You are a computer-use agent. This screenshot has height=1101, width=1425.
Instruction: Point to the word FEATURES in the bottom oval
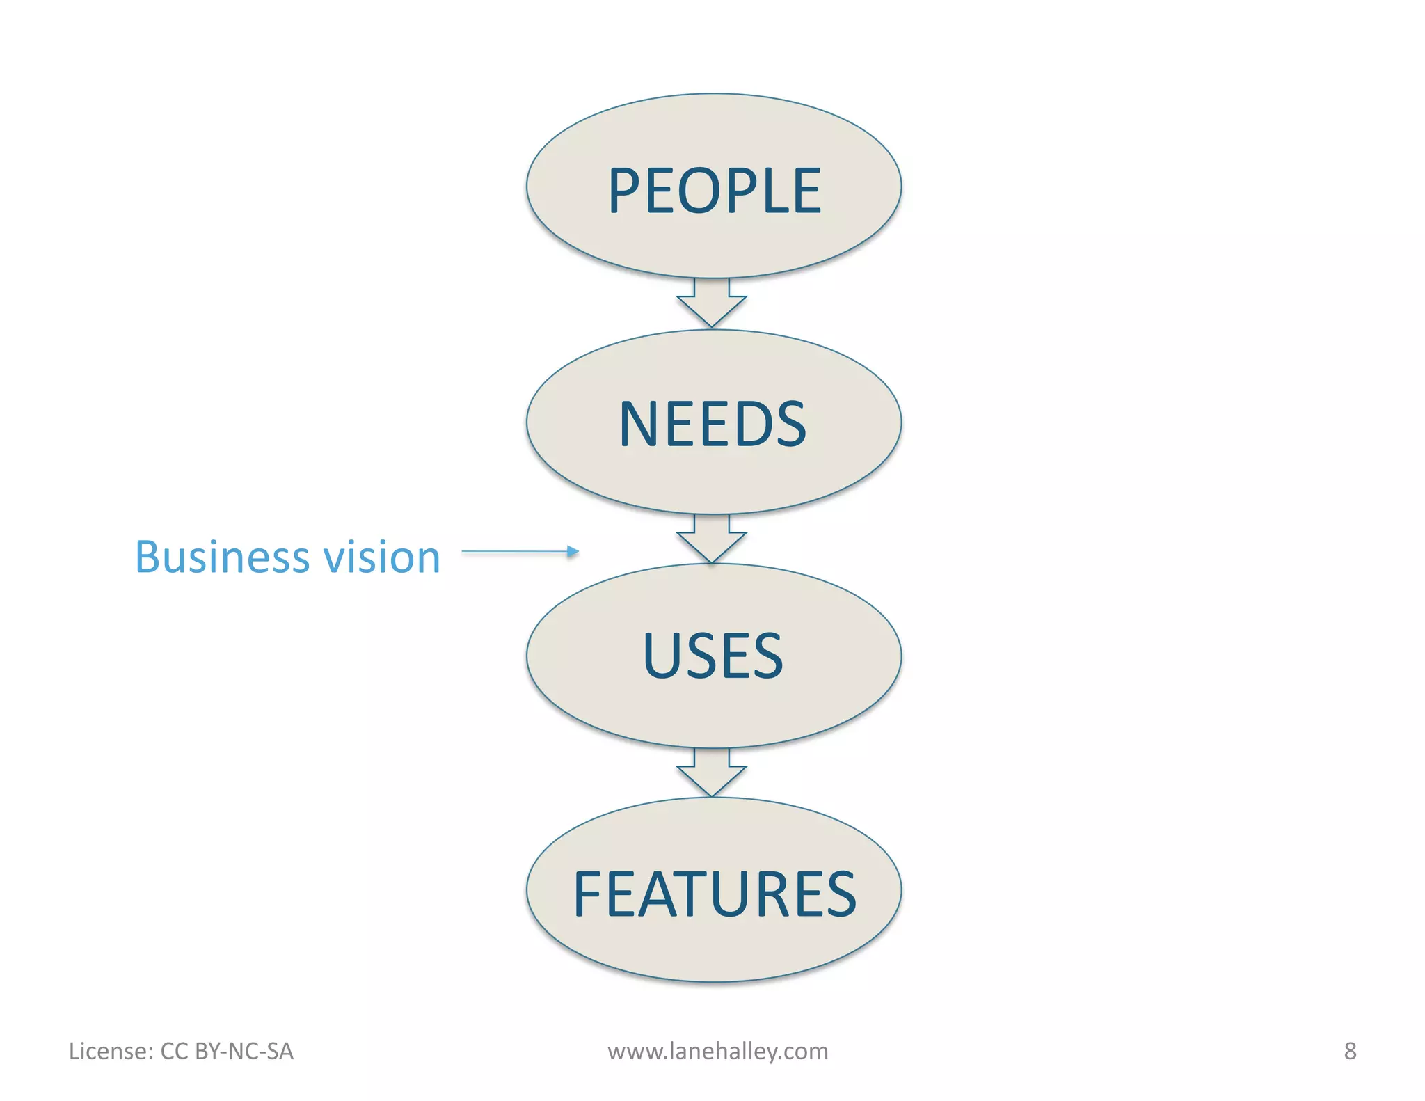pyautogui.click(x=715, y=894)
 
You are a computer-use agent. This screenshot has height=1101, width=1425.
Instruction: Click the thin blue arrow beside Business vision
pyautogui.click(x=520, y=552)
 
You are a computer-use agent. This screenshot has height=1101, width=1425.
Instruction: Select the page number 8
pyautogui.click(x=1350, y=1051)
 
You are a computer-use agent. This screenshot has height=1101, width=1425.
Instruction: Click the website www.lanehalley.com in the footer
pyautogui.click(x=717, y=1051)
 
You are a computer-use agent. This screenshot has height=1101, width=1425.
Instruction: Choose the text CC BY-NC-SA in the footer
pyautogui.click(x=227, y=1051)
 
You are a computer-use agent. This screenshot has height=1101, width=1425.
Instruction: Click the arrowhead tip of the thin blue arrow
pyautogui.click(x=575, y=552)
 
